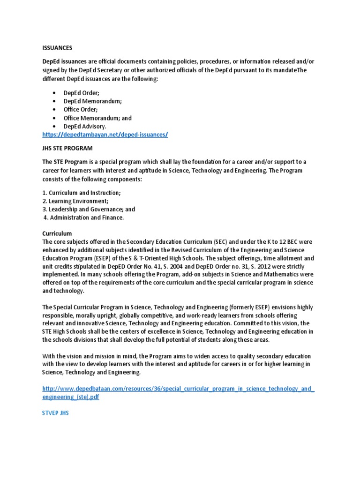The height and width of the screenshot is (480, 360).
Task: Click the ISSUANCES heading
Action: tap(57, 47)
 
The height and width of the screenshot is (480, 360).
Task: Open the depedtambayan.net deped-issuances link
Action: tap(105, 135)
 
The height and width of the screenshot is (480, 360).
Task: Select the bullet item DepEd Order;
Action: tap(81, 93)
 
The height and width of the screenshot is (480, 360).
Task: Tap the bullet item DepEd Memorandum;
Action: tap(92, 101)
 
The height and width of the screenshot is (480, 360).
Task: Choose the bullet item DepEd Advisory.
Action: tap(85, 127)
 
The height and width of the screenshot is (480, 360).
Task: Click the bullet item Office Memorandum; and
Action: tap(97, 118)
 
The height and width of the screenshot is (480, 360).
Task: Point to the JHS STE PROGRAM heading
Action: tap(67, 149)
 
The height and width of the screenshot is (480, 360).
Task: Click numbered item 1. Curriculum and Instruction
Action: tap(81, 193)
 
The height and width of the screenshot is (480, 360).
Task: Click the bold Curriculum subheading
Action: tap(57, 233)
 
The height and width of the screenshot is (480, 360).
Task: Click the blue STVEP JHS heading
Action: tap(55, 414)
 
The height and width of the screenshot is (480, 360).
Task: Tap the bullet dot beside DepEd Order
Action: tap(55, 93)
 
